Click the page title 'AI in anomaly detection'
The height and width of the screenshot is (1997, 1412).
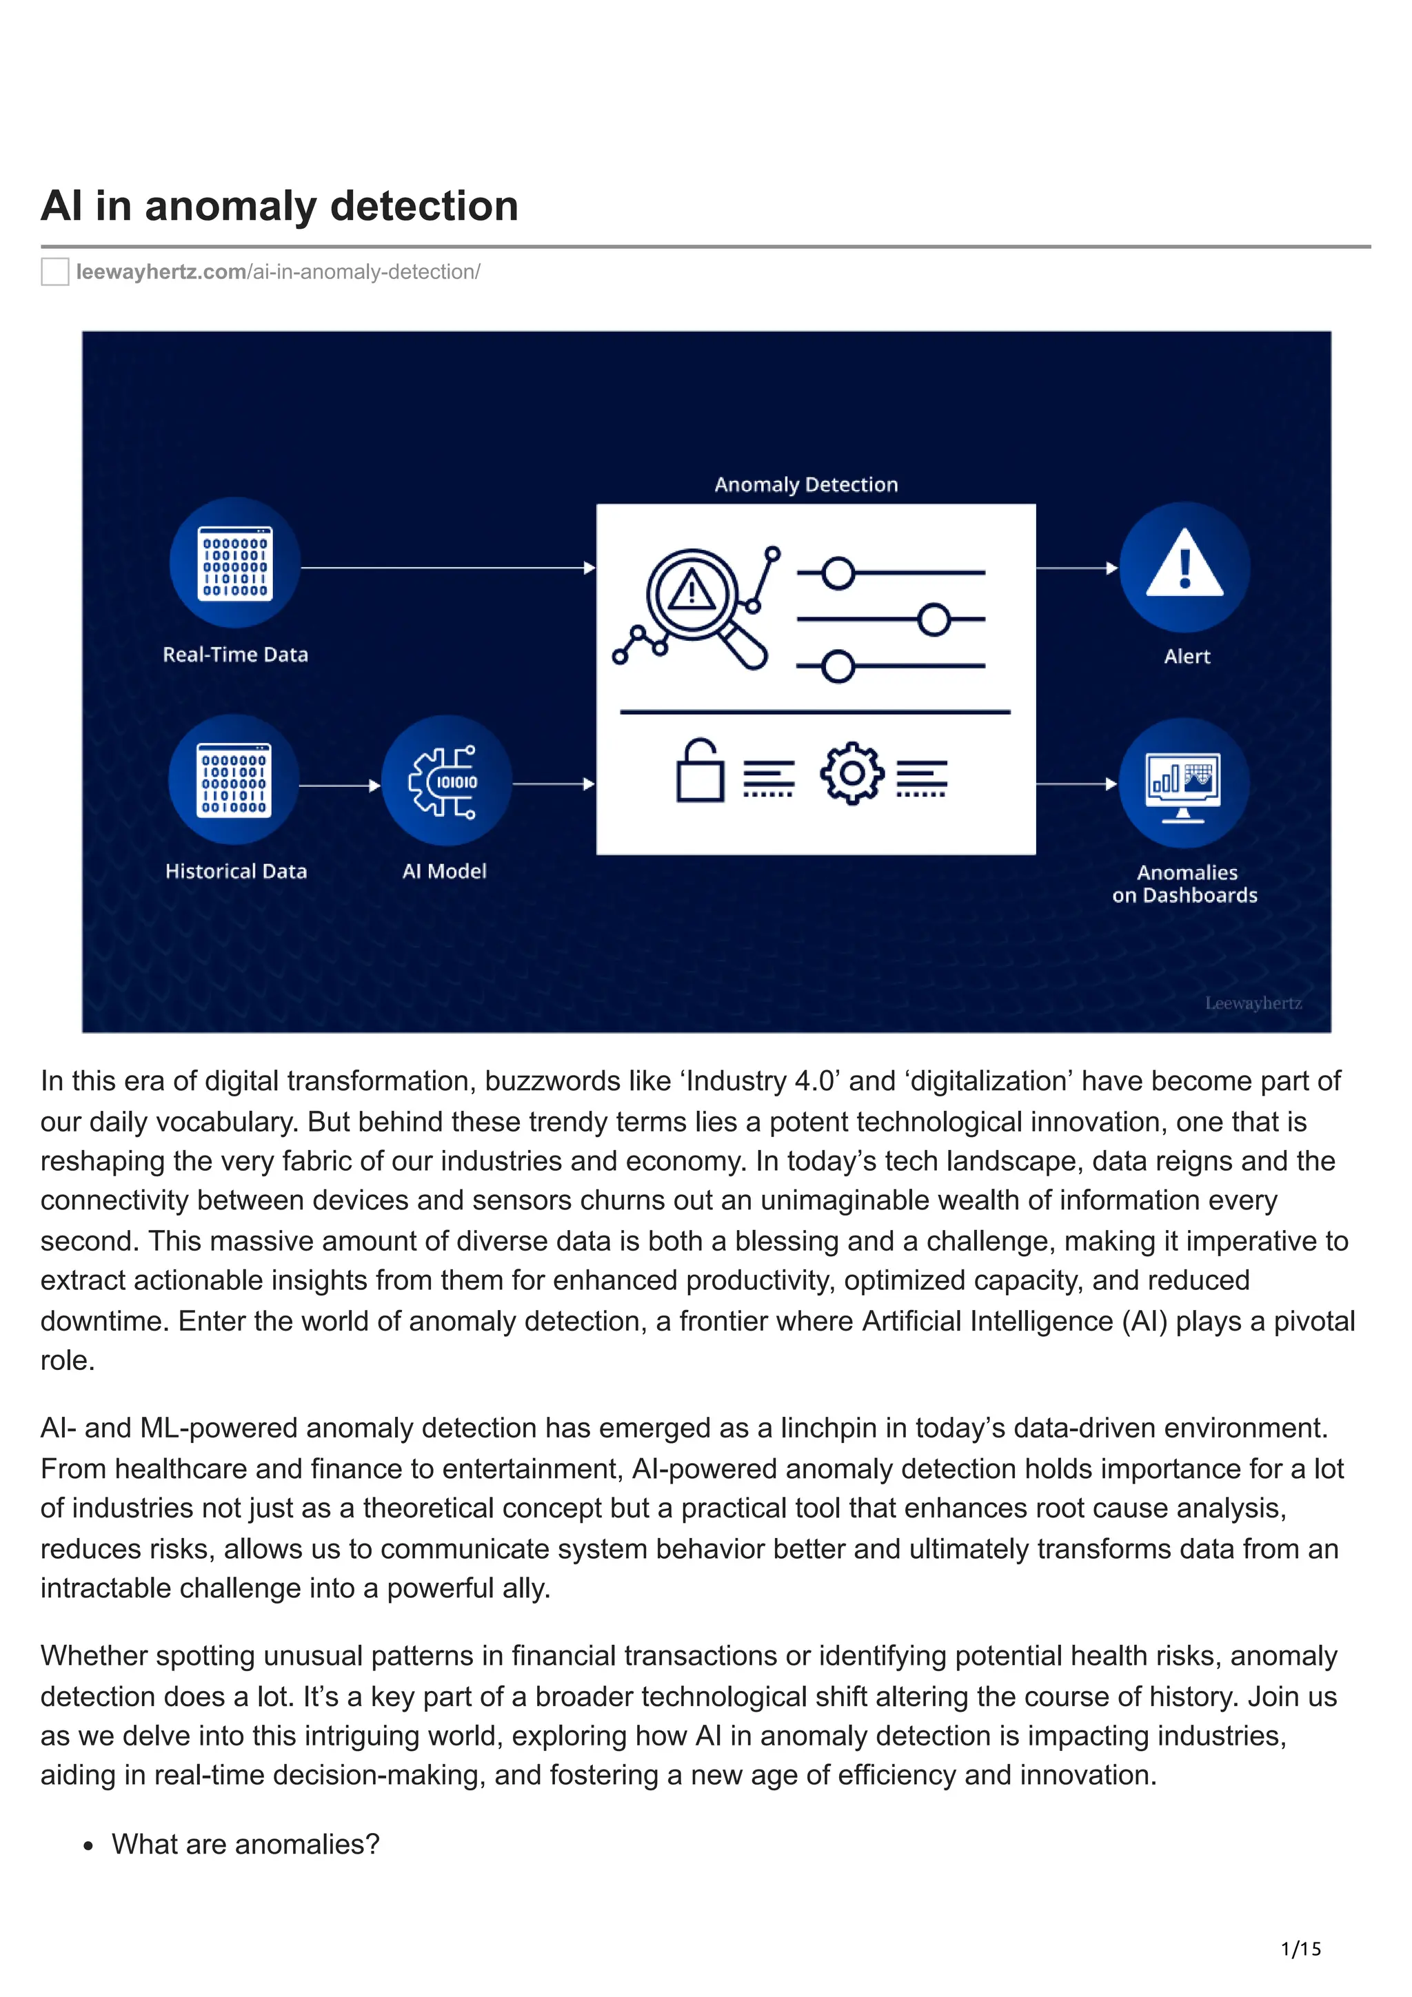coord(279,207)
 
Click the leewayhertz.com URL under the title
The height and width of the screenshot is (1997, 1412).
coord(278,272)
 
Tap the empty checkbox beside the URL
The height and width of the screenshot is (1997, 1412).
coord(54,272)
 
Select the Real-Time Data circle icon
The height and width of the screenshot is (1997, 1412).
coord(235,563)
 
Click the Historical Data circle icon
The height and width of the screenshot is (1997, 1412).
coord(234,780)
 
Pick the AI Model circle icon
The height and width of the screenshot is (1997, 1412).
coord(445,781)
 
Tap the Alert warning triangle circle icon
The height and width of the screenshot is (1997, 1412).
coord(1184,566)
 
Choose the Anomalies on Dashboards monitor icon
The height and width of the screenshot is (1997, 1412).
coord(1183,783)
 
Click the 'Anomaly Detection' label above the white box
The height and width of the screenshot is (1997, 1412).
coord(805,484)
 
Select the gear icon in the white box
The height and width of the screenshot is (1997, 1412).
coord(851,772)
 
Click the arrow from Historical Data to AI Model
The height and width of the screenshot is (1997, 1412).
coord(339,786)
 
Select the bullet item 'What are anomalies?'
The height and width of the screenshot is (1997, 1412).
coord(245,1844)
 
